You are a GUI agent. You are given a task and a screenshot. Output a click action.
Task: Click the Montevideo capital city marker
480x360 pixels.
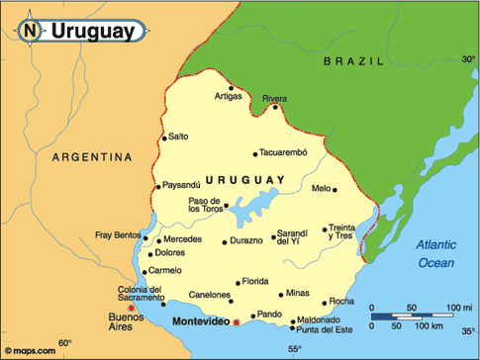(x=237, y=322)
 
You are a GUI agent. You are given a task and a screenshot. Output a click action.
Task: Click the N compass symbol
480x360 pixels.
(x=30, y=31)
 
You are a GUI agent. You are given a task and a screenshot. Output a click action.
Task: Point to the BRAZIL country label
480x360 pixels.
(x=351, y=61)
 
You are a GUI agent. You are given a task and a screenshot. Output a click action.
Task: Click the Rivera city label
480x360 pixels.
(x=275, y=98)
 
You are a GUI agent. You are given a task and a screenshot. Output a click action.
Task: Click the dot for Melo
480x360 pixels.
(x=336, y=188)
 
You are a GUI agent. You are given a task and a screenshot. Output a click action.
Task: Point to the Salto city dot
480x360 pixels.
(x=164, y=136)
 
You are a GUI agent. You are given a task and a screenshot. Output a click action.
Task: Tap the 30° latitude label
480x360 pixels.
(x=468, y=60)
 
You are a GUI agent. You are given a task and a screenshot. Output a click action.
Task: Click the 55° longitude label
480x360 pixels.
(x=294, y=349)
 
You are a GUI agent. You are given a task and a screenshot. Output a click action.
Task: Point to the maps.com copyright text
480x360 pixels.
(x=29, y=348)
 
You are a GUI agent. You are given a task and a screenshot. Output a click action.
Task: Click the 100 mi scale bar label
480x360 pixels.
(x=458, y=310)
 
